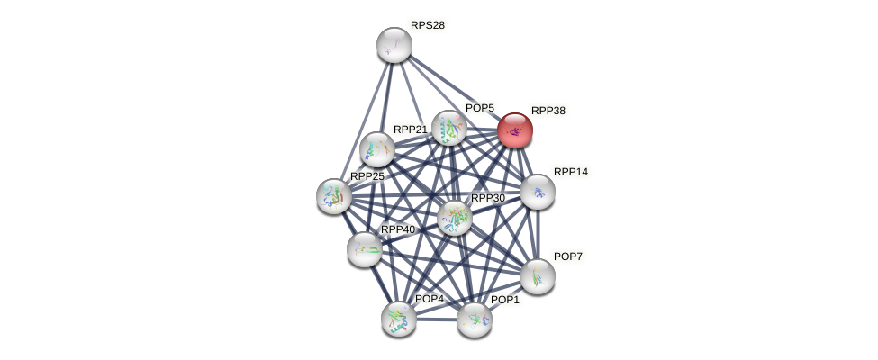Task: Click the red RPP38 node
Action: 515,130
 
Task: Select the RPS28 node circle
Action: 394,45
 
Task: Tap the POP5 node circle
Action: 448,128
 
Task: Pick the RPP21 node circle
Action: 376,149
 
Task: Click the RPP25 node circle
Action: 334,196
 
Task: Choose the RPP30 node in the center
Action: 455,217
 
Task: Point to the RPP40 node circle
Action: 364,249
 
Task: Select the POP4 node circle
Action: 398,319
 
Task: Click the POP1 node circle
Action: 474,319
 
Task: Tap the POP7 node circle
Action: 538,276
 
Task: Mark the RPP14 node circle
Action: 538,192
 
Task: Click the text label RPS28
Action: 428,25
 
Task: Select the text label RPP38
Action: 548,111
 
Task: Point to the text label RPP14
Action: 570,172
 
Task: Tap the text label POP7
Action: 567,256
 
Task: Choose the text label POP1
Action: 504,300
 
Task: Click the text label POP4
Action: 429,299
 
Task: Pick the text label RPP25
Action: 367,176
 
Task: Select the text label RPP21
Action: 410,130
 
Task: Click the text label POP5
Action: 480,108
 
